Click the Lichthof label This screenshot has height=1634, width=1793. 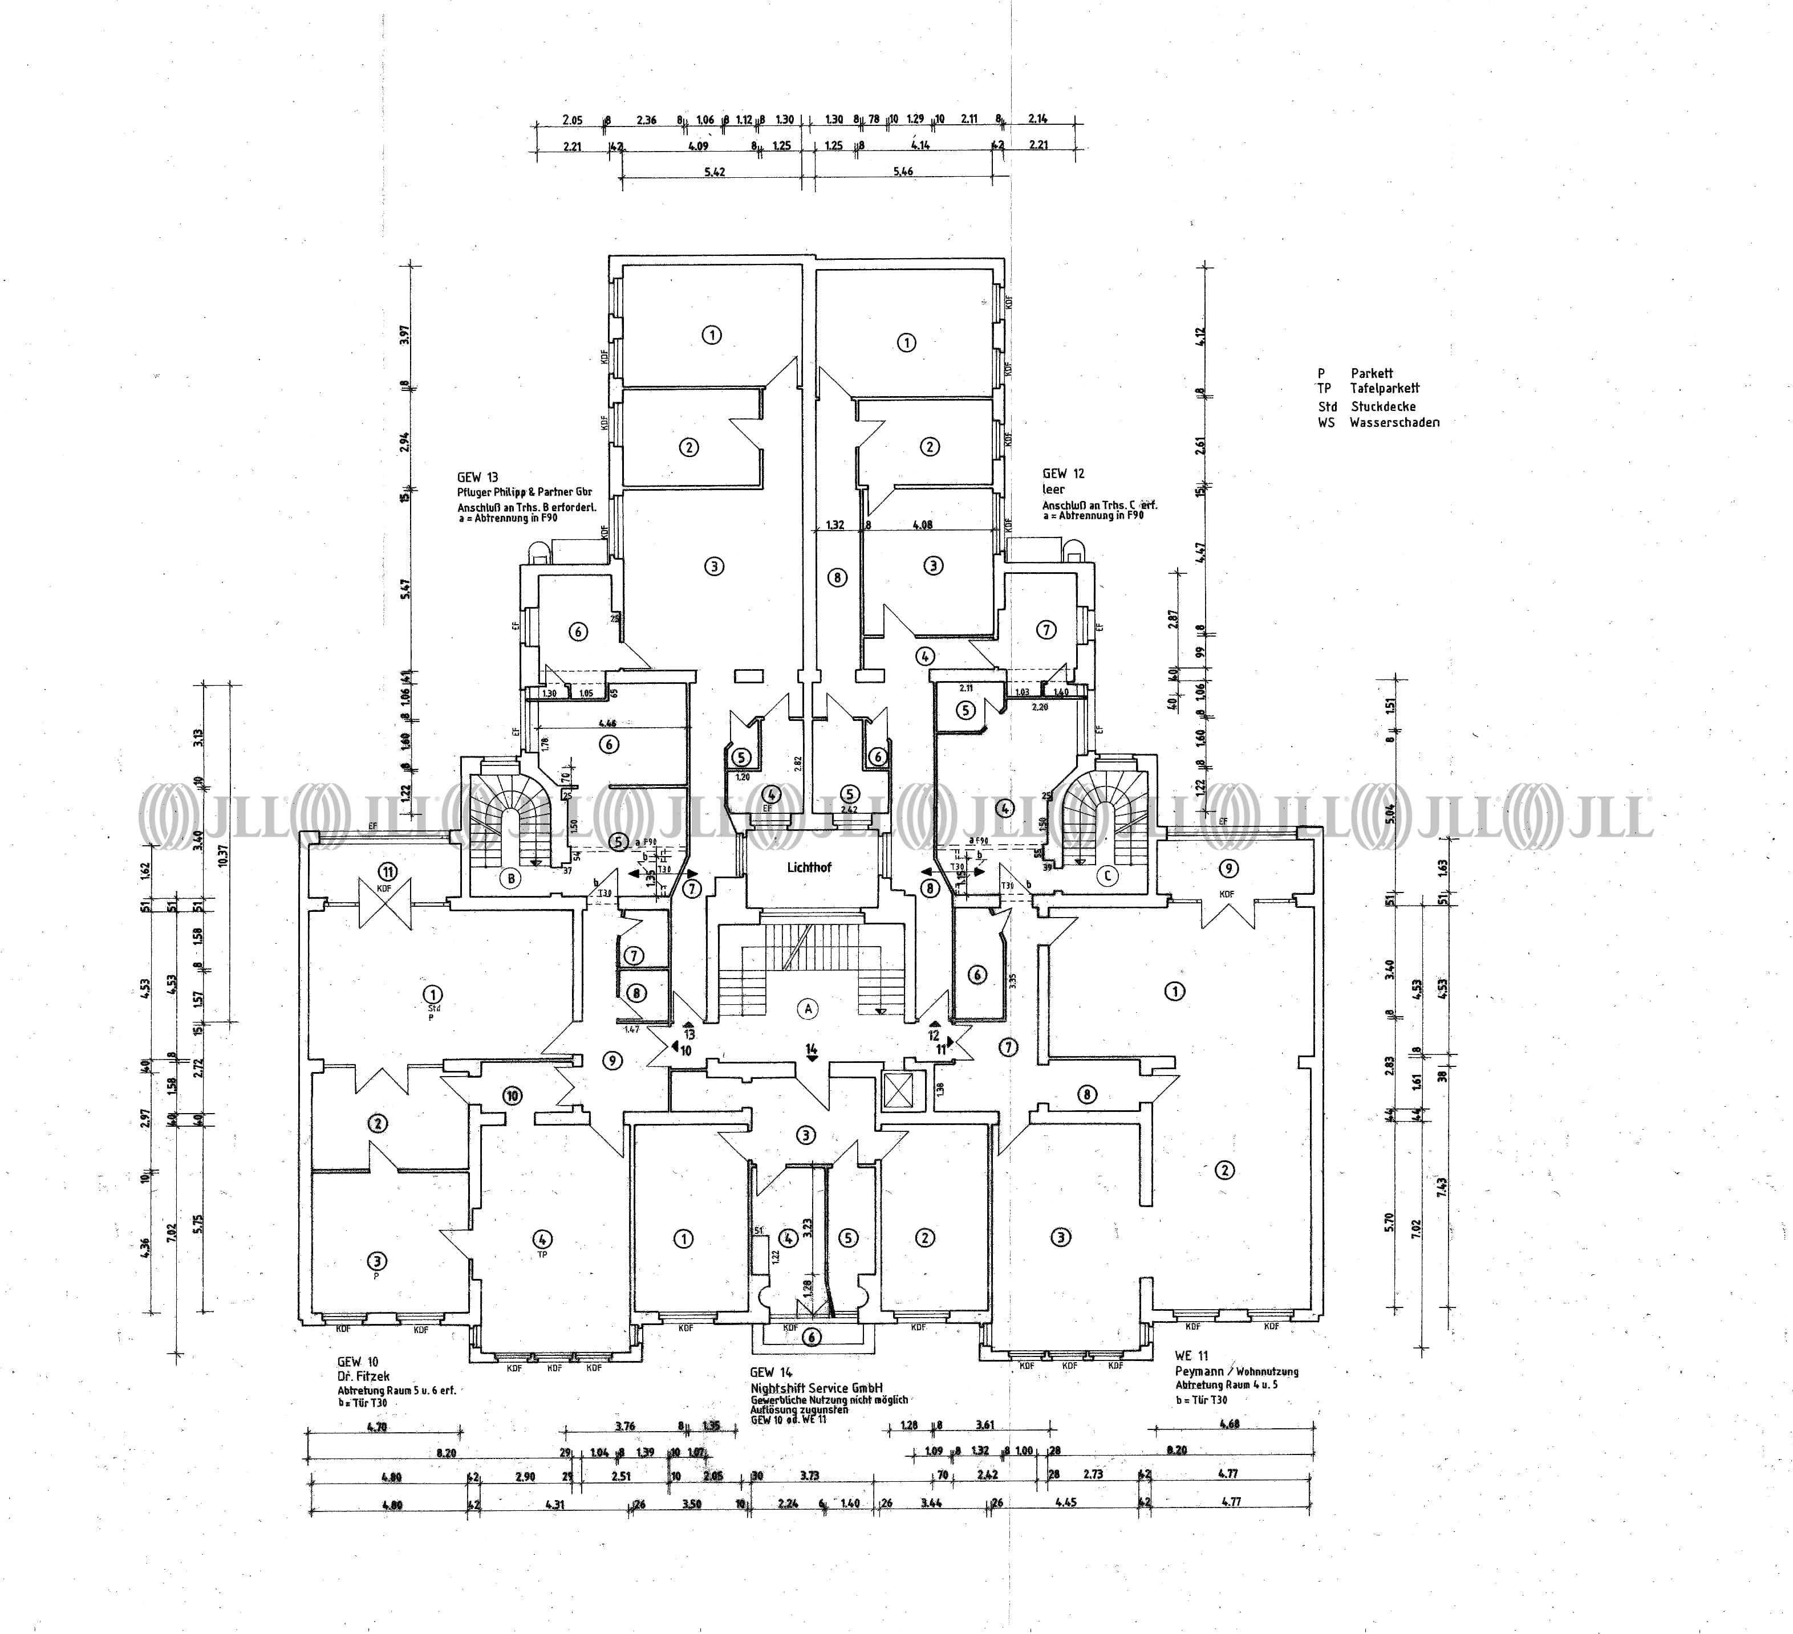coord(809,867)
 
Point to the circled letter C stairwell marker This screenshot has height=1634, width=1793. coord(1108,875)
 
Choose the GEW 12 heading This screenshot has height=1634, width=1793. coord(1064,474)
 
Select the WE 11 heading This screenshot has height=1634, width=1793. coord(1191,1356)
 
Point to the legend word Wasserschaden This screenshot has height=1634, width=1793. coord(1394,423)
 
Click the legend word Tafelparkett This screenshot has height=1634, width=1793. coord(1384,389)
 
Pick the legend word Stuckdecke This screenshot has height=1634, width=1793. coord(1383,406)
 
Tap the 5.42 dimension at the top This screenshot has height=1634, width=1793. coord(714,172)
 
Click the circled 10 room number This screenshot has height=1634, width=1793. coord(512,1096)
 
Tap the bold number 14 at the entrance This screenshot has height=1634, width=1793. coord(811,1050)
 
